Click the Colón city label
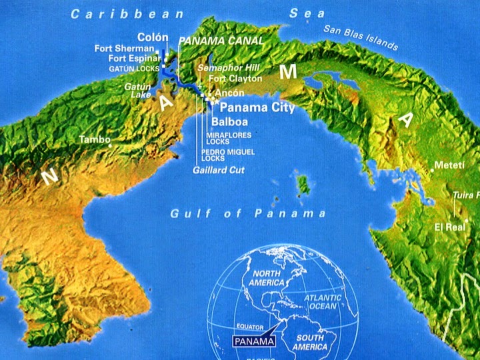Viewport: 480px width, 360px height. coord(153,37)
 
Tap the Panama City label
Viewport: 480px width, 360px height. coord(248,107)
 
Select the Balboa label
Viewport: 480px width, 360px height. coord(229,122)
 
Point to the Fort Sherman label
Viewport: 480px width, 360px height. coord(124,49)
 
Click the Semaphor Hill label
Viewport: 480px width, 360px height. coord(228,69)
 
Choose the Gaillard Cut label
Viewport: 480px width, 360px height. coord(218,170)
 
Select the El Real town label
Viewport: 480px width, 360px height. coord(449,226)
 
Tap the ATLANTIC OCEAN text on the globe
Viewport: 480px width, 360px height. coord(323,302)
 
